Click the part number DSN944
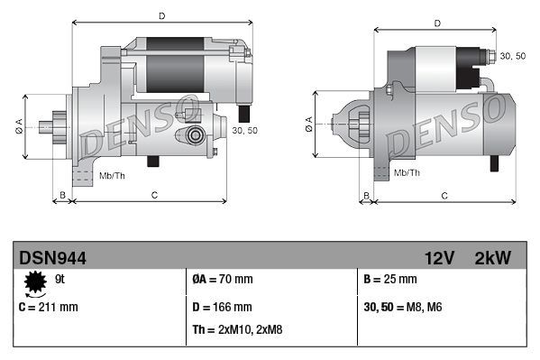point(53,258)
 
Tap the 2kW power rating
point(492,258)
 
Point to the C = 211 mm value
point(49,307)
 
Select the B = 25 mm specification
point(389,280)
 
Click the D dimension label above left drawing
point(161,16)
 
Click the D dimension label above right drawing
point(436,23)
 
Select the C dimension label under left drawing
point(154,195)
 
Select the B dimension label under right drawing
point(365,195)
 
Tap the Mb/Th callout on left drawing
point(112,174)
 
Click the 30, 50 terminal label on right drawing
point(512,56)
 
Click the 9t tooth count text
point(60,280)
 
